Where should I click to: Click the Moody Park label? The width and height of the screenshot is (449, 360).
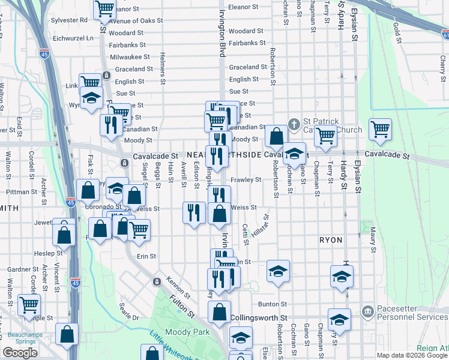[187, 332]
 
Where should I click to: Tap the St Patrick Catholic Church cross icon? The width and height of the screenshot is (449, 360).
[294, 125]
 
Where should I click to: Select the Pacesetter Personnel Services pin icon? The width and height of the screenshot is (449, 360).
[367, 311]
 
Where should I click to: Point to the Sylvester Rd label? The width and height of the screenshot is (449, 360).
[69, 20]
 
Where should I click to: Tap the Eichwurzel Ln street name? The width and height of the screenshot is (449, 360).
[73, 37]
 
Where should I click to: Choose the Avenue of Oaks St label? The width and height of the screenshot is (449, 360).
[136, 20]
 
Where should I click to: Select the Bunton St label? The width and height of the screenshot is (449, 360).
[270, 304]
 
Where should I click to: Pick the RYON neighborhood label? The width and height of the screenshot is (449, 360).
[331, 239]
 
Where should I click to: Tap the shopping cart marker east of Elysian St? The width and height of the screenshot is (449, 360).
[380, 129]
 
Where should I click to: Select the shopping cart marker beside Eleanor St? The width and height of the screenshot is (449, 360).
[105, 8]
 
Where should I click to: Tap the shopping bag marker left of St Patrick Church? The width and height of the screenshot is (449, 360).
[276, 136]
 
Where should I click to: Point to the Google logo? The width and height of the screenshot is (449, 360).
[20, 353]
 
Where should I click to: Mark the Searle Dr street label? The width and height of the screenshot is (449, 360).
[128, 311]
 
